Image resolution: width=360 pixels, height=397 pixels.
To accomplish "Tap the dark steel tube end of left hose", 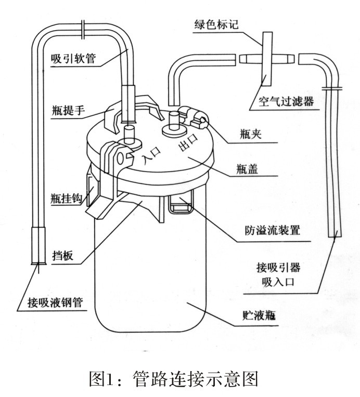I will [x=37, y=246].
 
